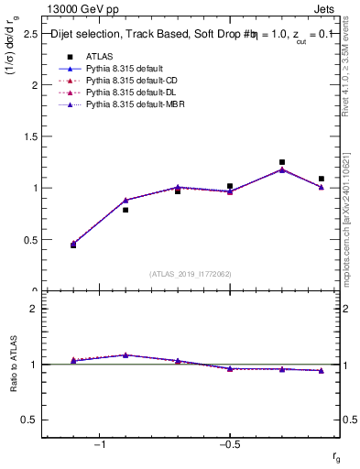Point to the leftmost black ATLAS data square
pyautogui.click(x=73, y=245)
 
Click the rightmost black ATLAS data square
pyautogui.click(x=321, y=179)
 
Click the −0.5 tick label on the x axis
pyautogui.click(x=228, y=445)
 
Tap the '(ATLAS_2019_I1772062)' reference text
pyautogui.click(x=191, y=273)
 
